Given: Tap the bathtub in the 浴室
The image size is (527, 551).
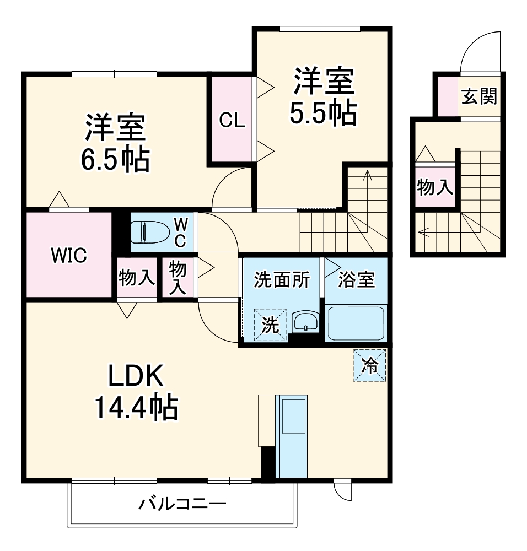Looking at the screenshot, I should pos(356,323).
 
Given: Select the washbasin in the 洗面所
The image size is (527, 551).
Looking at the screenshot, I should pos(305,321).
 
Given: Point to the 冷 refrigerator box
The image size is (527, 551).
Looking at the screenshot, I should pos(370,365).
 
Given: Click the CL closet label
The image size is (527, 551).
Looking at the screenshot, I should pos(232,121).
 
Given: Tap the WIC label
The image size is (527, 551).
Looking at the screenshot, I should pos(68,256).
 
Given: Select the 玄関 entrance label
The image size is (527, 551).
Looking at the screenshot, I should pos(479,96).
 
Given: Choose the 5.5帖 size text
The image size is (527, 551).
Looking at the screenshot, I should pos(322,112).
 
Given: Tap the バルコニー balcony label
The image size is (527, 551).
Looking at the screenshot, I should pos(182,504).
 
